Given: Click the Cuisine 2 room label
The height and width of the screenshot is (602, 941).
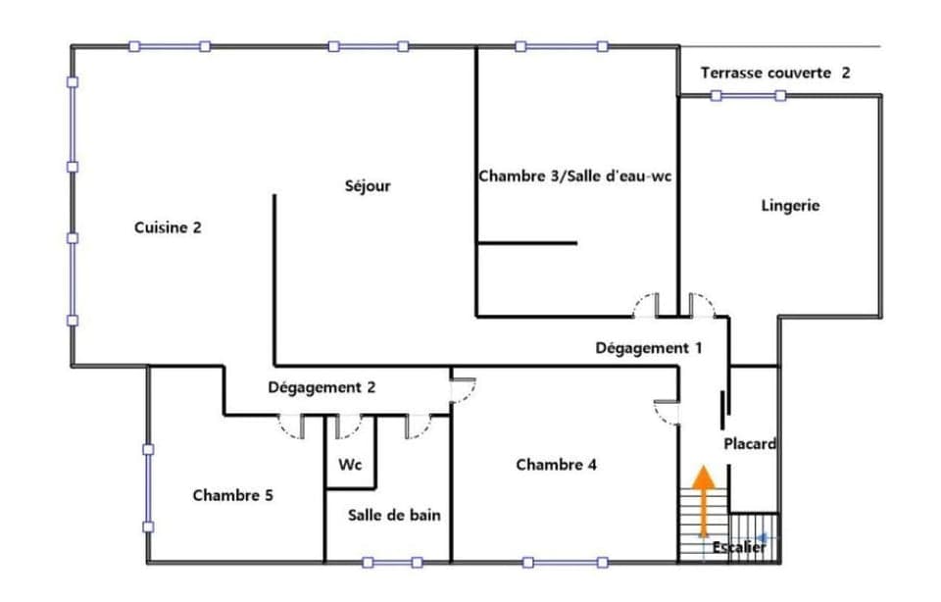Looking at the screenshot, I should pos(168,227).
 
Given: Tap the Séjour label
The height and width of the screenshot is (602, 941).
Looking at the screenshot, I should pos(368,185).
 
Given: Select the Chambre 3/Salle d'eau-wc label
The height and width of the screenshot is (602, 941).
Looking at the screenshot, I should pos(574,176).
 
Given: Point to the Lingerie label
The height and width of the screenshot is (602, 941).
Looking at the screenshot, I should pos(790,206).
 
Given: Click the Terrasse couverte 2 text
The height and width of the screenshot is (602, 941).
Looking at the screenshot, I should pos(775,74).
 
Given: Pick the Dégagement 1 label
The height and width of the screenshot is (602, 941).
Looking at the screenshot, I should pos(649,348).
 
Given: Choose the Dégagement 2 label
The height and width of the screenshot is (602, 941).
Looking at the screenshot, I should pos(322,387).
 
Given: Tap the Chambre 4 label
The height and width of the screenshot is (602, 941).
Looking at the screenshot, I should pos(556,465).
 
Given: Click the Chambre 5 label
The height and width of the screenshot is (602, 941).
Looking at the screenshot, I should pos(232,495).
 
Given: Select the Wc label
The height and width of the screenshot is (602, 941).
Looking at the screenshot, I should pos(350,465).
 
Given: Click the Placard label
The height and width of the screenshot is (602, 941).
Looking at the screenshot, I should pos(750,444).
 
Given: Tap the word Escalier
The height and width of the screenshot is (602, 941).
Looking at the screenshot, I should pos(739,547).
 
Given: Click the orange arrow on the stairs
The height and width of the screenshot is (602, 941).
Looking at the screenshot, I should pos(703,500).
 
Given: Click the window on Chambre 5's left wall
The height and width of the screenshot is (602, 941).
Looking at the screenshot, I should pos(148,488).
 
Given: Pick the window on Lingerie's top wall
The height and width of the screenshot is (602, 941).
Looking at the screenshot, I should pos(748,95).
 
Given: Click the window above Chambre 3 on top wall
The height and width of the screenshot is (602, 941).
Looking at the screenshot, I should pos(558,46).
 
